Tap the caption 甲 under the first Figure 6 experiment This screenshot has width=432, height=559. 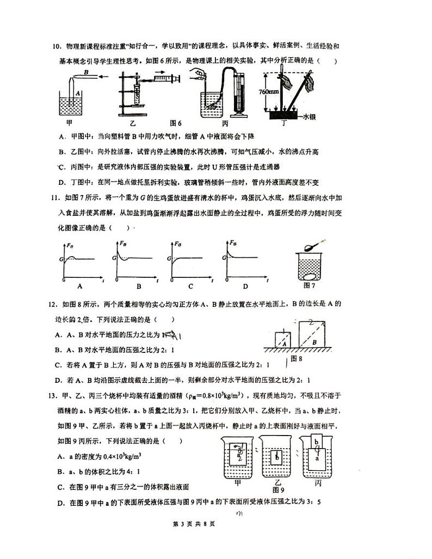69,123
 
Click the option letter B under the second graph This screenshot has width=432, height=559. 138,286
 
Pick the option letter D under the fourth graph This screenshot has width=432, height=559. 245,286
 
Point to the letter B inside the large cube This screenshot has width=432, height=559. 314,341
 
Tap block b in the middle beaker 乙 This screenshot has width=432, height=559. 277,457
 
